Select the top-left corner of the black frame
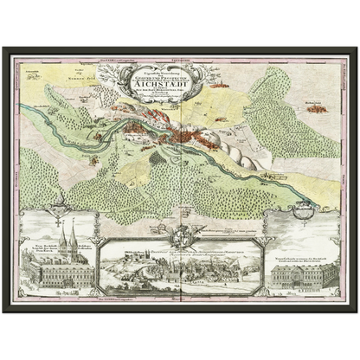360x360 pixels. [x=3, y=47]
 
